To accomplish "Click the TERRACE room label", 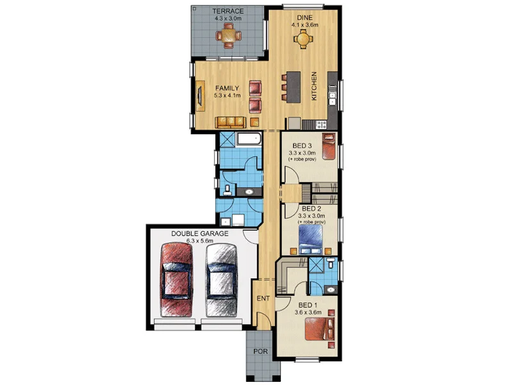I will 228,12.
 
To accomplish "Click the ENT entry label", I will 263,298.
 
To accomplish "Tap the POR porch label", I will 259,352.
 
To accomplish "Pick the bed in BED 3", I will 328,148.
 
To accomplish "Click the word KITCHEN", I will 314,87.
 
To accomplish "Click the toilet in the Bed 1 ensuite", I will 329,263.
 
